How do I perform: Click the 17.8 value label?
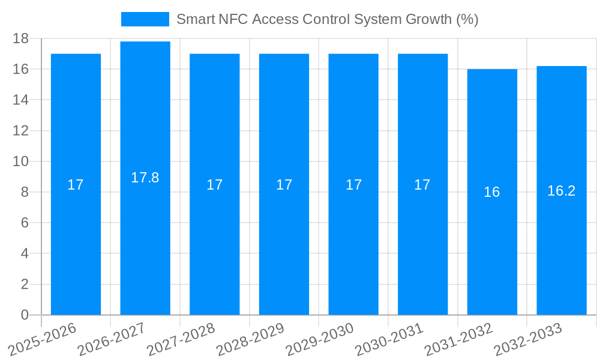(145, 178)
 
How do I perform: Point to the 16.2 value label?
(561, 191)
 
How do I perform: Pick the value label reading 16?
(492, 192)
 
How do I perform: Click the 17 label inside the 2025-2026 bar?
(76, 185)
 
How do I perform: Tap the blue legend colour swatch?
(145, 19)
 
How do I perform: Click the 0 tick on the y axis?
(25, 315)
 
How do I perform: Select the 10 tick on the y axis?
(21, 161)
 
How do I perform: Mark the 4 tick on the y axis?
(25, 254)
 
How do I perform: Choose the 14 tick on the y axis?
(21, 100)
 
